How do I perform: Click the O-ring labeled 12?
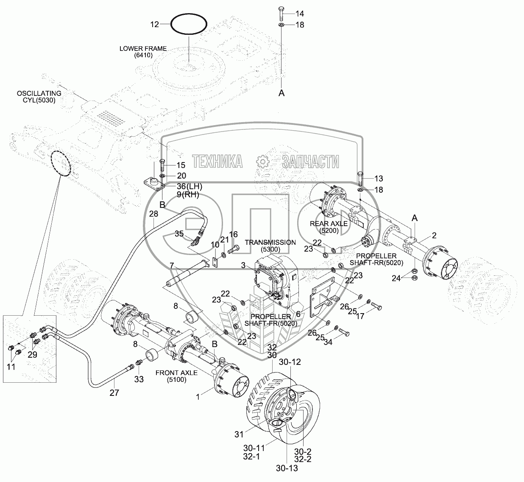tap(189, 24)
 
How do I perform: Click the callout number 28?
tap(153, 214)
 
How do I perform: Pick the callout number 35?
tap(179, 233)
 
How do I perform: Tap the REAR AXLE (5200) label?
tap(329, 227)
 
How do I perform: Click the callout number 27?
tap(114, 393)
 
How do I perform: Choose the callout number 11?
tap(11, 367)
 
